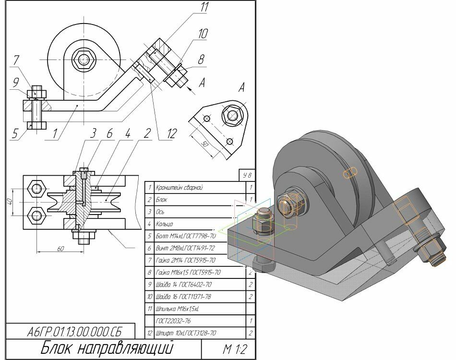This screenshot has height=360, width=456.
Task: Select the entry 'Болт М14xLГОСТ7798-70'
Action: [x=185, y=236]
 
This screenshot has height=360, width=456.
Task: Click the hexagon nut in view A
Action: [x=233, y=115]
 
